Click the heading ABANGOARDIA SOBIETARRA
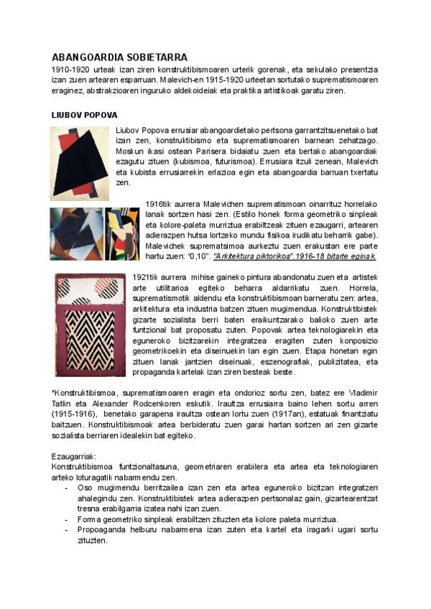pyautogui.click(x=119, y=57)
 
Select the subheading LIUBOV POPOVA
pyautogui.click(x=85, y=115)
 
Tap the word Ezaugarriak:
pyautogui.click(x=75, y=456)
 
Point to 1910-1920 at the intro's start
pyautogui.click(x=70, y=69)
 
